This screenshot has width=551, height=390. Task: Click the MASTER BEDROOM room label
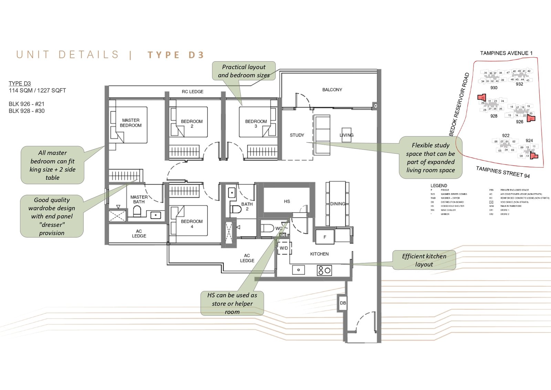[x=131, y=123]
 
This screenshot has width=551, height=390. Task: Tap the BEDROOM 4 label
[x=192, y=224]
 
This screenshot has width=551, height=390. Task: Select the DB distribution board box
[x=343, y=303]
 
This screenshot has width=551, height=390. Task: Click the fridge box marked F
[x=325, y=237]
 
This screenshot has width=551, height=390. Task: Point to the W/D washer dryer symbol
[x=284, y=248]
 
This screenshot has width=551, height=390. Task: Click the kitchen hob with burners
[x=324, y=270]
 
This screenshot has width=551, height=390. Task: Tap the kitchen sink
[x=299, y=270]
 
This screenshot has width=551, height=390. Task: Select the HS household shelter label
[x=287, y=201]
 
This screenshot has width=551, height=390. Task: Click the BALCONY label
[x=332, y=90]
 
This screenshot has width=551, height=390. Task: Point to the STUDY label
[x=297, y=135]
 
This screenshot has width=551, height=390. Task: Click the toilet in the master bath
[x=137, y=211]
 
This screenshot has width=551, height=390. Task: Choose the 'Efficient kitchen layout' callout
[x=424, y=260]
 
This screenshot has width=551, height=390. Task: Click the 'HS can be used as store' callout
[x=232, y=303]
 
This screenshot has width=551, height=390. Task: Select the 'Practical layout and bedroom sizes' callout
[x=244, y=71]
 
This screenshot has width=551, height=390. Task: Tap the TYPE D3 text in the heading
[x=176, y=55]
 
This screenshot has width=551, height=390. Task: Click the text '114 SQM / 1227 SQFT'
[x=37, y=91]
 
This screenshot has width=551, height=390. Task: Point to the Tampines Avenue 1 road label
[x=506, y=53]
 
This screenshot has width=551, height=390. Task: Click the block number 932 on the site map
[x=519, y=84]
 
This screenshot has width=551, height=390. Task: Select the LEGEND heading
[x=439, y=185]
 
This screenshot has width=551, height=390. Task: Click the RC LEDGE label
[x=193, y=92]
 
